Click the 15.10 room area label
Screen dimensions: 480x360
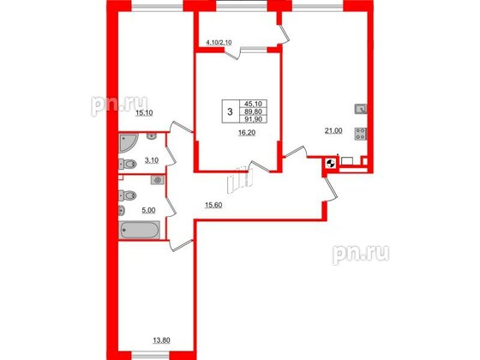[144, 113]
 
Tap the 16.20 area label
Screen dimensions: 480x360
[247, 133]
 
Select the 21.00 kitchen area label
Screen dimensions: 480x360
[333, 130]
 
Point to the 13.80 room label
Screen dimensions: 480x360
[161, 340]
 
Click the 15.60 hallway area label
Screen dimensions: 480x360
[213, 205]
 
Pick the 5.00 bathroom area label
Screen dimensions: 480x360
[149, 210]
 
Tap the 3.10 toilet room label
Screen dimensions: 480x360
[151, 160]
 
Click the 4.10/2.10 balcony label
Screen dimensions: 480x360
[219, 43]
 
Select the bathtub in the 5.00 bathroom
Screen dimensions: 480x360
[139, 230]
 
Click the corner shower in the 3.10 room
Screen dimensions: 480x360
[126, 141]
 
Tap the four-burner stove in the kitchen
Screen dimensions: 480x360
[361, 134]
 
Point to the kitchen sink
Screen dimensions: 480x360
[361, 109]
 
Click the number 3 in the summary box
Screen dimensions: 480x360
[230, 111]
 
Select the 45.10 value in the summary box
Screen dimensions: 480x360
[254, 104]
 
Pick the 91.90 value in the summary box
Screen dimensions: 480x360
[254, 119]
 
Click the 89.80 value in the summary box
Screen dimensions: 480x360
[254, 111]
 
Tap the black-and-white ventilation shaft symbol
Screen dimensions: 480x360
[331, 164]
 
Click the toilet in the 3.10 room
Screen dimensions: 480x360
[128, 164]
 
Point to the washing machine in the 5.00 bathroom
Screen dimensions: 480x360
[158, 180]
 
